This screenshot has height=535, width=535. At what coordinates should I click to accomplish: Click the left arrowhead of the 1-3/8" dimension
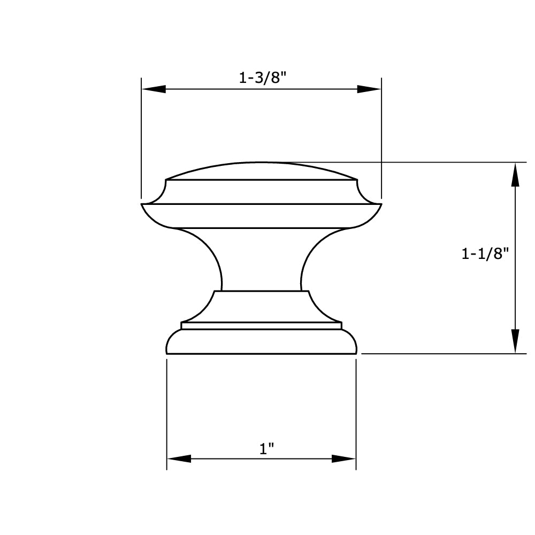153,89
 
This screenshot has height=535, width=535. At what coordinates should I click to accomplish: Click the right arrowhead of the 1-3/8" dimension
369,89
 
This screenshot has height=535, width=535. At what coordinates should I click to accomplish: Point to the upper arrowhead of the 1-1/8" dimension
515,175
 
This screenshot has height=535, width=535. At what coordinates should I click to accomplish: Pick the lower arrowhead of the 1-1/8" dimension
515,341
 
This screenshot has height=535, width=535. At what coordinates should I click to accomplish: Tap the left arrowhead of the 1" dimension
179,458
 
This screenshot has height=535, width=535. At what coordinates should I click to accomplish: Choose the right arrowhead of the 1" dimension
344,458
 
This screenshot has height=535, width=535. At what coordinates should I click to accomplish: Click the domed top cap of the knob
261,171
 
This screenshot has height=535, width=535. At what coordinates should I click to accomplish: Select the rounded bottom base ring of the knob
261,342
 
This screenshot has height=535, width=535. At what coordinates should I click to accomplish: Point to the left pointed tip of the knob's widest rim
143,204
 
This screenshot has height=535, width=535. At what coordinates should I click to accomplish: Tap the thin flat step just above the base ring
261,325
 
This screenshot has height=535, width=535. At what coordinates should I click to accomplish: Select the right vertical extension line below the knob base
356,412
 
